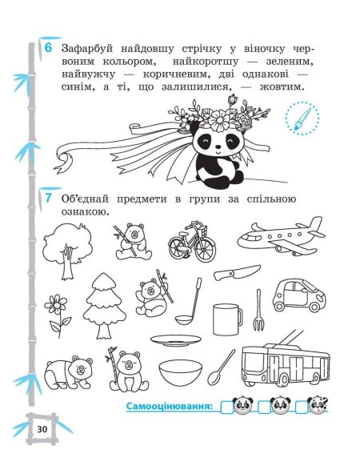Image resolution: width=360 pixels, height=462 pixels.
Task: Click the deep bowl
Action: point(178,372)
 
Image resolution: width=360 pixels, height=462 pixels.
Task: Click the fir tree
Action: point(105,303)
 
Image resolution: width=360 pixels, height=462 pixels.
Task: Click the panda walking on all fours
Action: point(66,372)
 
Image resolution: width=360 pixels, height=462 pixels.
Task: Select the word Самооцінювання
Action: point(171,408)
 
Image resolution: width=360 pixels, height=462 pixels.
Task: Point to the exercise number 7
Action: point(49,198)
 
